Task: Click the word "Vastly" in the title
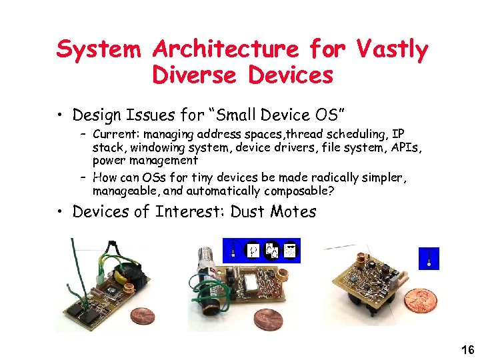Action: (x=392, y=49)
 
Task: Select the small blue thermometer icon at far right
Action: (x=429, y=259)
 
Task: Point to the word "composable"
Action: (x=299, y=191)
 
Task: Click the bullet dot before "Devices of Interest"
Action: (x=61, y=213)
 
